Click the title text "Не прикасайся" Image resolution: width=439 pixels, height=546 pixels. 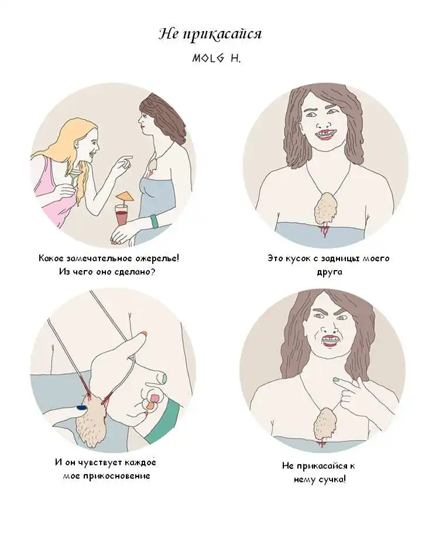[x=210, y=34]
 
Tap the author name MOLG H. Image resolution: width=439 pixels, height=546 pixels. [x=217, y=58]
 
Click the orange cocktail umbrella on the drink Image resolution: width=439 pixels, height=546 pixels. [x=125, y=198]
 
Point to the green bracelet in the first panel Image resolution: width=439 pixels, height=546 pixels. [x=154, y=222]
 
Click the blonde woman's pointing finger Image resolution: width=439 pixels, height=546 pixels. [x=126, y=158]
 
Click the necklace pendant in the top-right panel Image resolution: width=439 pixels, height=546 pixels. [x=324, y=209]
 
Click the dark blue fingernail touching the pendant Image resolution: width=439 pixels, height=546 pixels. [x=81, y=407]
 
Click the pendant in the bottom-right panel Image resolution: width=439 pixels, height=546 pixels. [x=324, y=424]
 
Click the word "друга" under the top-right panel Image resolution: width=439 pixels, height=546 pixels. [x=330, y=272]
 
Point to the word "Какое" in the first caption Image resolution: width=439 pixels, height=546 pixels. [x=51, y=258]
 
